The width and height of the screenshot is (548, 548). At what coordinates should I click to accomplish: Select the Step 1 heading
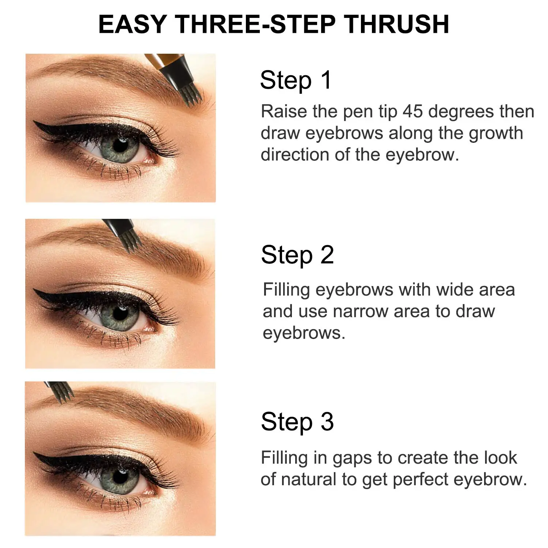click(x=296, y=80)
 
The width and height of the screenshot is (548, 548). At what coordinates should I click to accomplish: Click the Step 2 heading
click(x=297, y=255)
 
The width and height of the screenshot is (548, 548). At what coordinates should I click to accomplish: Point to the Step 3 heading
click(x=297, y=422)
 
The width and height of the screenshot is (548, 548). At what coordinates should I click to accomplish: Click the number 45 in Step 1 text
click(x=413, y=111)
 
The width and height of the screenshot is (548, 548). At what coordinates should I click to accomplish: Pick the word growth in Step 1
click(x=496, y=134)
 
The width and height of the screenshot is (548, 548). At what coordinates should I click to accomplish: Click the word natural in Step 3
click(x=309, y=480)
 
